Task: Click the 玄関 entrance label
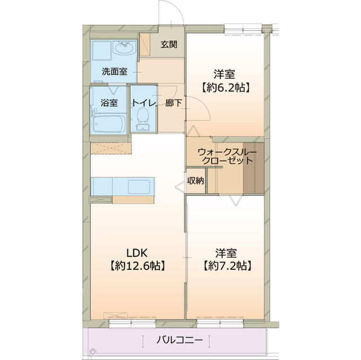pos(169,45)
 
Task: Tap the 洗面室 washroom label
pos(114,72)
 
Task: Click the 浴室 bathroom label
pos(109,103)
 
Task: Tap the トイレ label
pos(144,103)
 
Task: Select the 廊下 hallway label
pos(173,103)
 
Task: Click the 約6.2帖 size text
pos(224,87)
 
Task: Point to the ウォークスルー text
pos(227,152)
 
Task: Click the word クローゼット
pos(227,161)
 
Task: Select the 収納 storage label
pos(196,181)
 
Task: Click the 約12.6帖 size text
pos(137,265)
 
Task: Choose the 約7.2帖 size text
pos(224,265)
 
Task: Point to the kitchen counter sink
pos(139,186)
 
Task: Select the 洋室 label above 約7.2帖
pos(224,252)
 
